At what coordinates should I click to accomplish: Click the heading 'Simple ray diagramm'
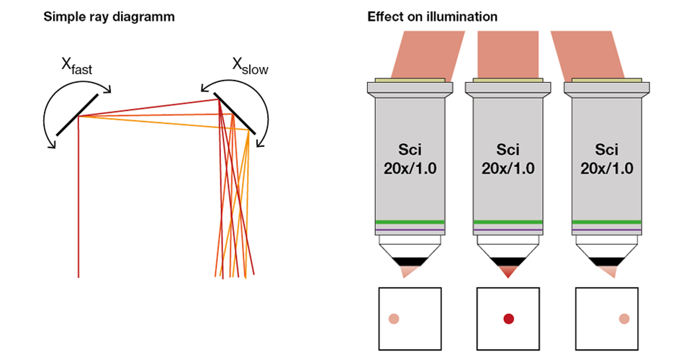pos(109,17)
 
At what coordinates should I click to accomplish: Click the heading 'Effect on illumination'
pos(432,17)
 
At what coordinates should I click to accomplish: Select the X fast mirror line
pos(76,115)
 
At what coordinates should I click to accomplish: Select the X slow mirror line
pos(235,115)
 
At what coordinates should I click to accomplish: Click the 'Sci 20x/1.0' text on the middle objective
pos(508,160)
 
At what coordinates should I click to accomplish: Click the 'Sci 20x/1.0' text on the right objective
pos(606,160)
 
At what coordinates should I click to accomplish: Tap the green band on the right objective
pos(606,222)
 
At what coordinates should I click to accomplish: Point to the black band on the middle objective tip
pos(508,261)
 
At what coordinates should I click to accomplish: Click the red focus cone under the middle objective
pos(508,272)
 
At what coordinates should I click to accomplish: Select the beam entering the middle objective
pos(508,54)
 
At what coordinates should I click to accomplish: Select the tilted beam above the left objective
pos(425,54)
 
